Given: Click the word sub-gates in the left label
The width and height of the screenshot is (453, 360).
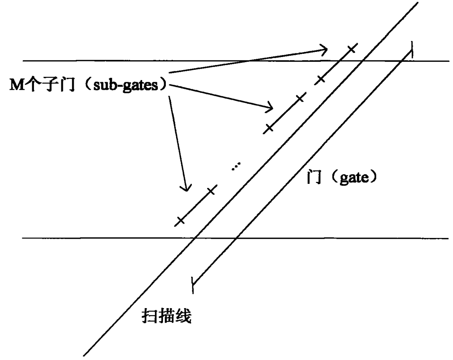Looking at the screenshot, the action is [125, 86].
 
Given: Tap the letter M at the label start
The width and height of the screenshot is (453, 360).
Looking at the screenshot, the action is [16, 86].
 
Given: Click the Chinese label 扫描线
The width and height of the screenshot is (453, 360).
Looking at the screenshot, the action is [166, 316].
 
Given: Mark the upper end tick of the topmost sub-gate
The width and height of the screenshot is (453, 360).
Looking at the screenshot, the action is [351, 49].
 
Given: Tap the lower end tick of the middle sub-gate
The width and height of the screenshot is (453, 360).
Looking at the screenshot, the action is [269, 128].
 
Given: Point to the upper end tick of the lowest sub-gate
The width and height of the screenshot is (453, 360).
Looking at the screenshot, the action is [211, 190].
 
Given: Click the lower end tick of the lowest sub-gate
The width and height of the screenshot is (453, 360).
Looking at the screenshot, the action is [180, 220].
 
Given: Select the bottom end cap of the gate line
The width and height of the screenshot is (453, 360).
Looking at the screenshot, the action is [193, 285].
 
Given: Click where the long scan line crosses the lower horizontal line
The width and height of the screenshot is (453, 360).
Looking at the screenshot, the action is [195, 238].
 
